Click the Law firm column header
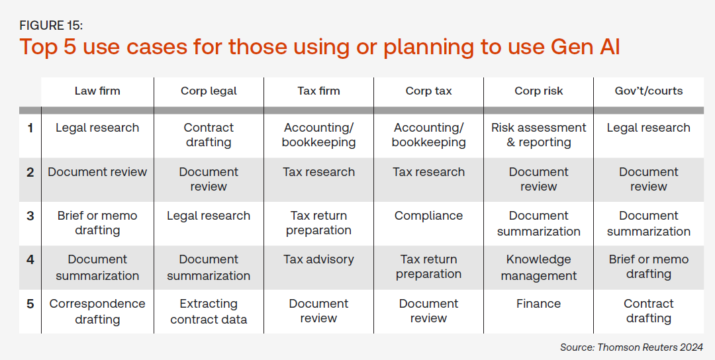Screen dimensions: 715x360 tap(97, 91)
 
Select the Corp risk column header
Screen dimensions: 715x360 tap(538, 91)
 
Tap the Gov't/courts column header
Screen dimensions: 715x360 tap(648, 91)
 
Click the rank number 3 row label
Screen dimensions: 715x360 tap(30, 216)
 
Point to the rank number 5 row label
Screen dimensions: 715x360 tap(30, 304)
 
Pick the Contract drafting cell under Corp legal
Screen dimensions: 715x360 tap(209, 135)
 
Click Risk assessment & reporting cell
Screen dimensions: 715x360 tap(538, 135)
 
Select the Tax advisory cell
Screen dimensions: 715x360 tap(318, 259)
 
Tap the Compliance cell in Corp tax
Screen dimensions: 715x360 tap(428, 216)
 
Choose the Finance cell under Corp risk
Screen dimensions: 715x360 tap(538, 304)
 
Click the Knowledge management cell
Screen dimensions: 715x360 tap(538, 267)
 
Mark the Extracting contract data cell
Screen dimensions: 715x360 tap(209, 312)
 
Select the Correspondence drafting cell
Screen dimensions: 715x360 tap(97, 312)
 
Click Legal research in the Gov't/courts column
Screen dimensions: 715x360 tap(648, 128)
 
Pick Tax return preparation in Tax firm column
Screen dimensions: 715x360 tap(318, 223)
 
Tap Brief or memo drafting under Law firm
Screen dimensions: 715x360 tap(97, 223)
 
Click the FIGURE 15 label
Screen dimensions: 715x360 tap(51, 26)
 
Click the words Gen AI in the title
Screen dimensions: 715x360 tap(585, 47)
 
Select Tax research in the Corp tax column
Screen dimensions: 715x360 tap(428, 172)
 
